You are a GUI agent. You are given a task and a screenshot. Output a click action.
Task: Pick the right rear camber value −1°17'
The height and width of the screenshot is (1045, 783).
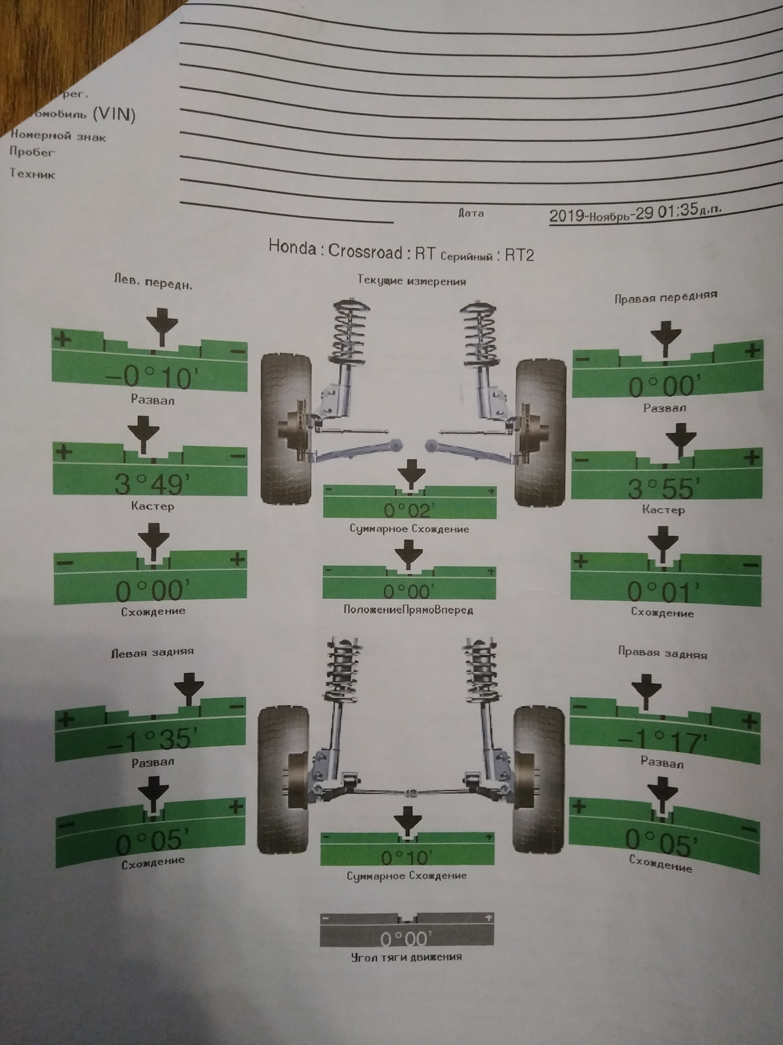pyautogui.click(x=662, y=740)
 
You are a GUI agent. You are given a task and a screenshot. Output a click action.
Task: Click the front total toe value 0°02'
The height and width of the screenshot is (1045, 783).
pyautogui.click(x=408, y=510)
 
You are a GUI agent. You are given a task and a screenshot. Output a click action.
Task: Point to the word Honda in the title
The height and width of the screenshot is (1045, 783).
pyautogui.click(x=292, y=248)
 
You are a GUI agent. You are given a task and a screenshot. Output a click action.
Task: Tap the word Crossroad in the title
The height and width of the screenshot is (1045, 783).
pyautogui.click(x=365, y=251)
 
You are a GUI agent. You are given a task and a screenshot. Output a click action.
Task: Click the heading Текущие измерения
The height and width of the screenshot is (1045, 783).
pyautogui.click(x=412, y=281)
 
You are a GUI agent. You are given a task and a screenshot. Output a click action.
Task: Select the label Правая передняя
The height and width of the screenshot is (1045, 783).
pyautogui.click(x=666, y=297)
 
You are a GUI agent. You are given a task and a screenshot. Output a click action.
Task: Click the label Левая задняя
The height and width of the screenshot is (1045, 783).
pyautogui.click(x=152, y=652)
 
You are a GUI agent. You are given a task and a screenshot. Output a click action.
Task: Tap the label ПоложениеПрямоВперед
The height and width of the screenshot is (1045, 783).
pyautogui.click(x=408, y=610)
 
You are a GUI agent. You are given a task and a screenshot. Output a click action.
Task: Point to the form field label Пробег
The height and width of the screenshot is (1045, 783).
pyautogui.click(x=32, y=152)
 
